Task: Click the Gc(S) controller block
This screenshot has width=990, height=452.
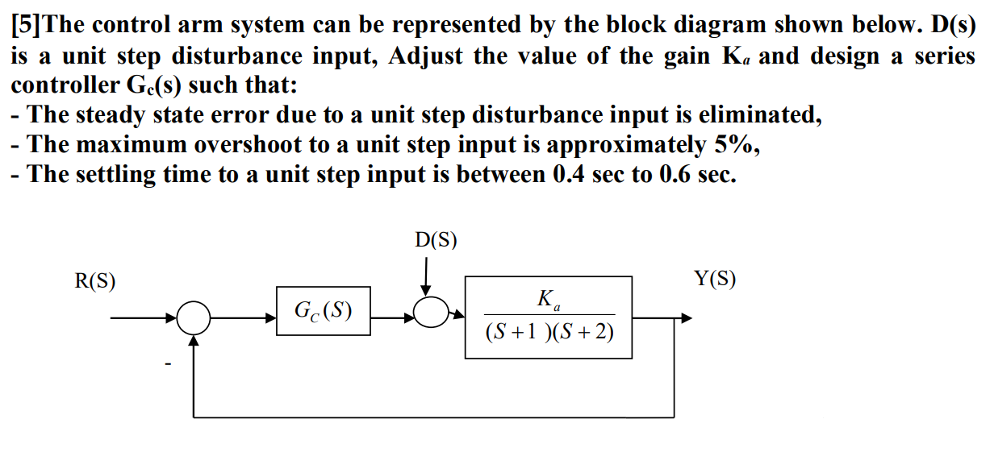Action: click(323, 310)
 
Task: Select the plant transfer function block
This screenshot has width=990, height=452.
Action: click(549, 317)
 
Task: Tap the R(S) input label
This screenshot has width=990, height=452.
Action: click(95, 281)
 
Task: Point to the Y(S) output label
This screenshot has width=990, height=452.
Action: click(715, 280)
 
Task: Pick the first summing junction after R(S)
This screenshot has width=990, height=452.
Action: click(194, 318)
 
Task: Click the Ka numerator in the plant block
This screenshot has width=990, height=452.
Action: click(549, 301)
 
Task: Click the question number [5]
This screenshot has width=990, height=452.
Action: click(26, 24)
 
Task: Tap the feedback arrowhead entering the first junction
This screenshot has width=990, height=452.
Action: click(194, 341)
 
